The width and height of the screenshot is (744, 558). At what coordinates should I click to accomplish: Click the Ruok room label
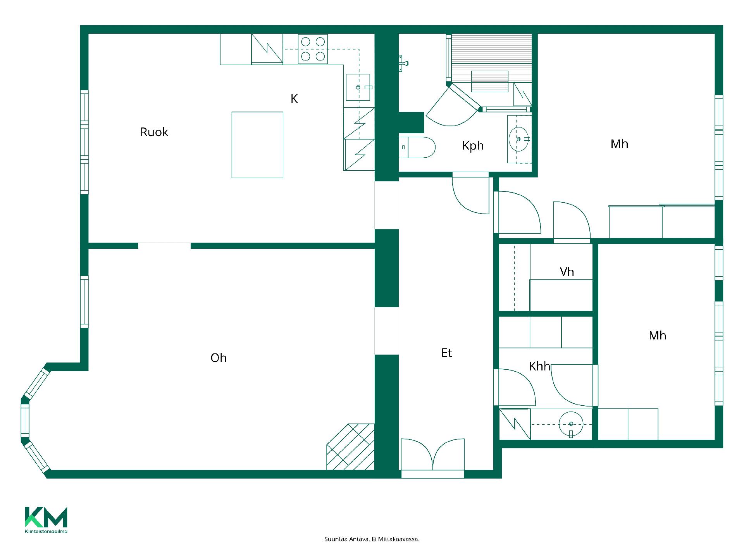pyautogui.click(x=154, y=132)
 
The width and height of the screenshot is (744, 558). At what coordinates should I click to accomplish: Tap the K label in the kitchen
pyautogui.click(x=294, y=99)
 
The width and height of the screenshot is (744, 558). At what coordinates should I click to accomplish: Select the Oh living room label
pyautogui.click(x=219, y=358)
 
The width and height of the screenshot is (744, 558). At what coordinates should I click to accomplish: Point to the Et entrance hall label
pyautogui.click(x=446, y=353)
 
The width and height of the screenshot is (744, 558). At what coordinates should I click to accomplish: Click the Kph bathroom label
pyautogui.click(x=473, y=146)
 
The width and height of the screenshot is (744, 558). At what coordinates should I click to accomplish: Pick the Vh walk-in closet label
pyautogui.click(x=567, y=272)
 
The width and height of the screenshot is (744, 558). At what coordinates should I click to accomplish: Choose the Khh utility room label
pyautogui.click(x=539, y=366)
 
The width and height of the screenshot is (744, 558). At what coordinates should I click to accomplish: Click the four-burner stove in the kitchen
pyautogui.click(x=313, y=49)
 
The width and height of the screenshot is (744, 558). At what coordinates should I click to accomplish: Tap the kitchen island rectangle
pyautogui.click(x=257, y=145)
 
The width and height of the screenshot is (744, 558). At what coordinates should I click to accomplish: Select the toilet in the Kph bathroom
pyautogui.click(x=417, y=147)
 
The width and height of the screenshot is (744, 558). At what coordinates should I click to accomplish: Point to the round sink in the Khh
pyautogui.click(x=571, y=424)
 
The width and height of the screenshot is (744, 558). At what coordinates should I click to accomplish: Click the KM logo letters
pyautogui.click(x=46, y=517)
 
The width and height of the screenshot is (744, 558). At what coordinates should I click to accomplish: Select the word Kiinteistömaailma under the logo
pyautogui.click(x=46, y=532)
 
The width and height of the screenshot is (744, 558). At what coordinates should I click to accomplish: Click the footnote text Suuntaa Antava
pyautogui.click(x=346, y=539)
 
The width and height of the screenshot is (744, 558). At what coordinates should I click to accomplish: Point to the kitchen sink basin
pyautogui.click(x=358, y=87)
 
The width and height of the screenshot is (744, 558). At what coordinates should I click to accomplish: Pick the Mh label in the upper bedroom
pyautogui.click(x=619, y=144)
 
